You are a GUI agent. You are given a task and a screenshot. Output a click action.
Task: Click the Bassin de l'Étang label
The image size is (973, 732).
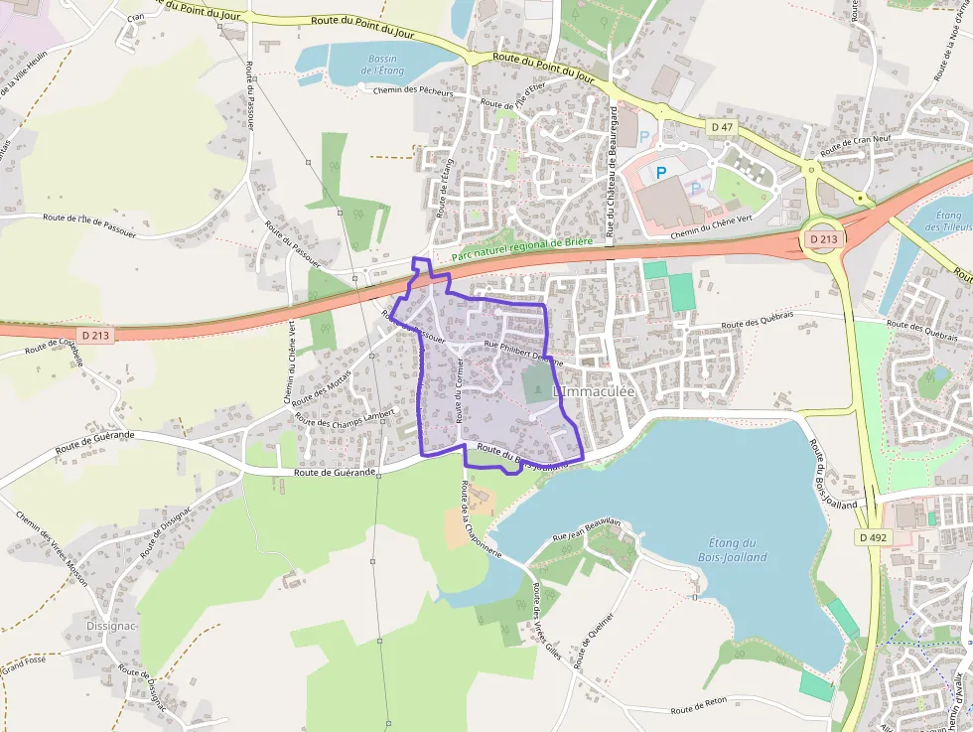point(382,66)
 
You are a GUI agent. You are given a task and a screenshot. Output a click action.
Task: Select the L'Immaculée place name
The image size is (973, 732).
point(593,393)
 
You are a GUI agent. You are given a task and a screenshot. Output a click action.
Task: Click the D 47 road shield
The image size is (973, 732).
point(722,127)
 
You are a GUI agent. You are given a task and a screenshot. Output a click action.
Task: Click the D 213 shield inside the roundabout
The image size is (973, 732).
point(822,239)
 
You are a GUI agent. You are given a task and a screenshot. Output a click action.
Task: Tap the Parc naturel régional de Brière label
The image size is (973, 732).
point(521,248)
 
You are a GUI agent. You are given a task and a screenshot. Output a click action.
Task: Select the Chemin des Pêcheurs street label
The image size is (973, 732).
point(413,91)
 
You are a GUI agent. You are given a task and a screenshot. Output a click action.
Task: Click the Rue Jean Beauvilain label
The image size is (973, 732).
point(588,528)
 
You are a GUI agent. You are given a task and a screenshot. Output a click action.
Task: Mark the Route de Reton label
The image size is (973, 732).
point(699,709)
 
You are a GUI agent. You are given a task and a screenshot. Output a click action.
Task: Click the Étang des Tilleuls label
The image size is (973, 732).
point(949,220)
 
